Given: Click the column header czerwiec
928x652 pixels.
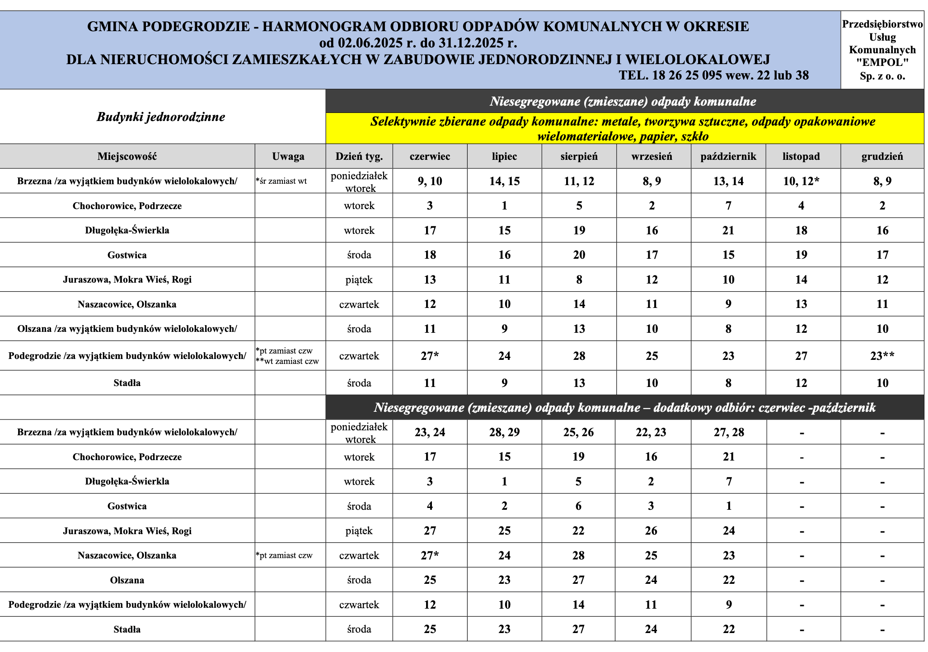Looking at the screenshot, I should pyautogui.click(x=430, y=157).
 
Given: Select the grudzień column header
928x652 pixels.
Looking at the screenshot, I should pyautogui.click(x=882, y=157).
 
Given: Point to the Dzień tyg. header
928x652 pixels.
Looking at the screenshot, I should pyautogui.click(x=359, y=157).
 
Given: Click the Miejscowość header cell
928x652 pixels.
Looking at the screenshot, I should pyautogui.click(x=127, y=157).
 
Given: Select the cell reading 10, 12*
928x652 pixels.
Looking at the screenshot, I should pyautogui.click(x=801, y=182).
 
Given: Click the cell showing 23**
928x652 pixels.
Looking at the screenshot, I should pyautogui.click(x=882, y=356).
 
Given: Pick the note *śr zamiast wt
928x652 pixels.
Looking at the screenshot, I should pyautogui.click(x=281, y=181).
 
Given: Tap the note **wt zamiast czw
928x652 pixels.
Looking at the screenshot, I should pyautogui.click(x=287, y=361).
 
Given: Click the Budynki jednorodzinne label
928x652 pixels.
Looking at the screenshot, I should pyautogui.click(x=161, y=117).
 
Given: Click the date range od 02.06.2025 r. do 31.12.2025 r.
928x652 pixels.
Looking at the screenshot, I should pyautogui.click(x=418, y=43).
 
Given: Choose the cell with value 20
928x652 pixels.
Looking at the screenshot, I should pyautogui.click(x=579, y=255).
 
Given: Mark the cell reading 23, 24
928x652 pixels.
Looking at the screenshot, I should pyautogui.click(x=430, y=433).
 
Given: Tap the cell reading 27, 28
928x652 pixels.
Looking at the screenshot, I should pyautogui.click(x=728, y=433).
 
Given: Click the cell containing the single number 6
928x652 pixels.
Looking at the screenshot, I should pyautogui.click(x=579, y=506).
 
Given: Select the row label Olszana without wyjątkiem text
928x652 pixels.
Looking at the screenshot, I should pyautogui.click(x=127, y=580).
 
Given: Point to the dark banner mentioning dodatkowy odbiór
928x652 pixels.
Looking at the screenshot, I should pyautogui.click(x=624, y=408).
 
